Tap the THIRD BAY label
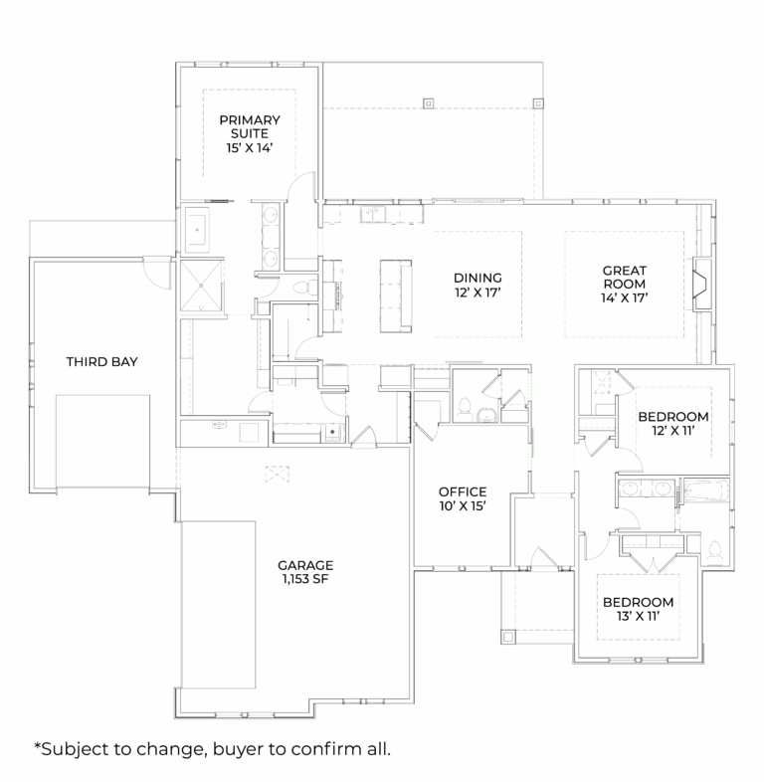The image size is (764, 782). pos(101,361)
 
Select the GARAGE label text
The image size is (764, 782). pos(305,564)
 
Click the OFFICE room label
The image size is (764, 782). pos(463,491)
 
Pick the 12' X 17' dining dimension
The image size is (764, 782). pos(477,293)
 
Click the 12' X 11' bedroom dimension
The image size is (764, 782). pos(673,431)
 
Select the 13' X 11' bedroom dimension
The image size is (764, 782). pos(638,617)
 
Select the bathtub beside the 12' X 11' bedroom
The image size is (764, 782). pos(705,491)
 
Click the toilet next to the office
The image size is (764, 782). pos(464,405)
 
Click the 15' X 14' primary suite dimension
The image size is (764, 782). pos(250,147)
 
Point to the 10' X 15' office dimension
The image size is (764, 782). pos(463,506)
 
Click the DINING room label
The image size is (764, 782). pos(477,278)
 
